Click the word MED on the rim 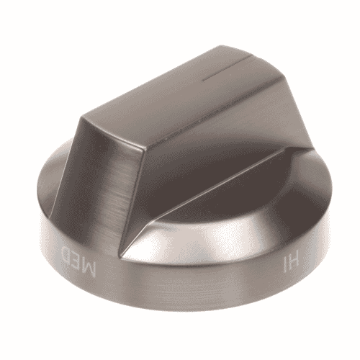pyautogui.click(x=78, y=261)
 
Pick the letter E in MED pyautogui.click(x=76, y=260)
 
